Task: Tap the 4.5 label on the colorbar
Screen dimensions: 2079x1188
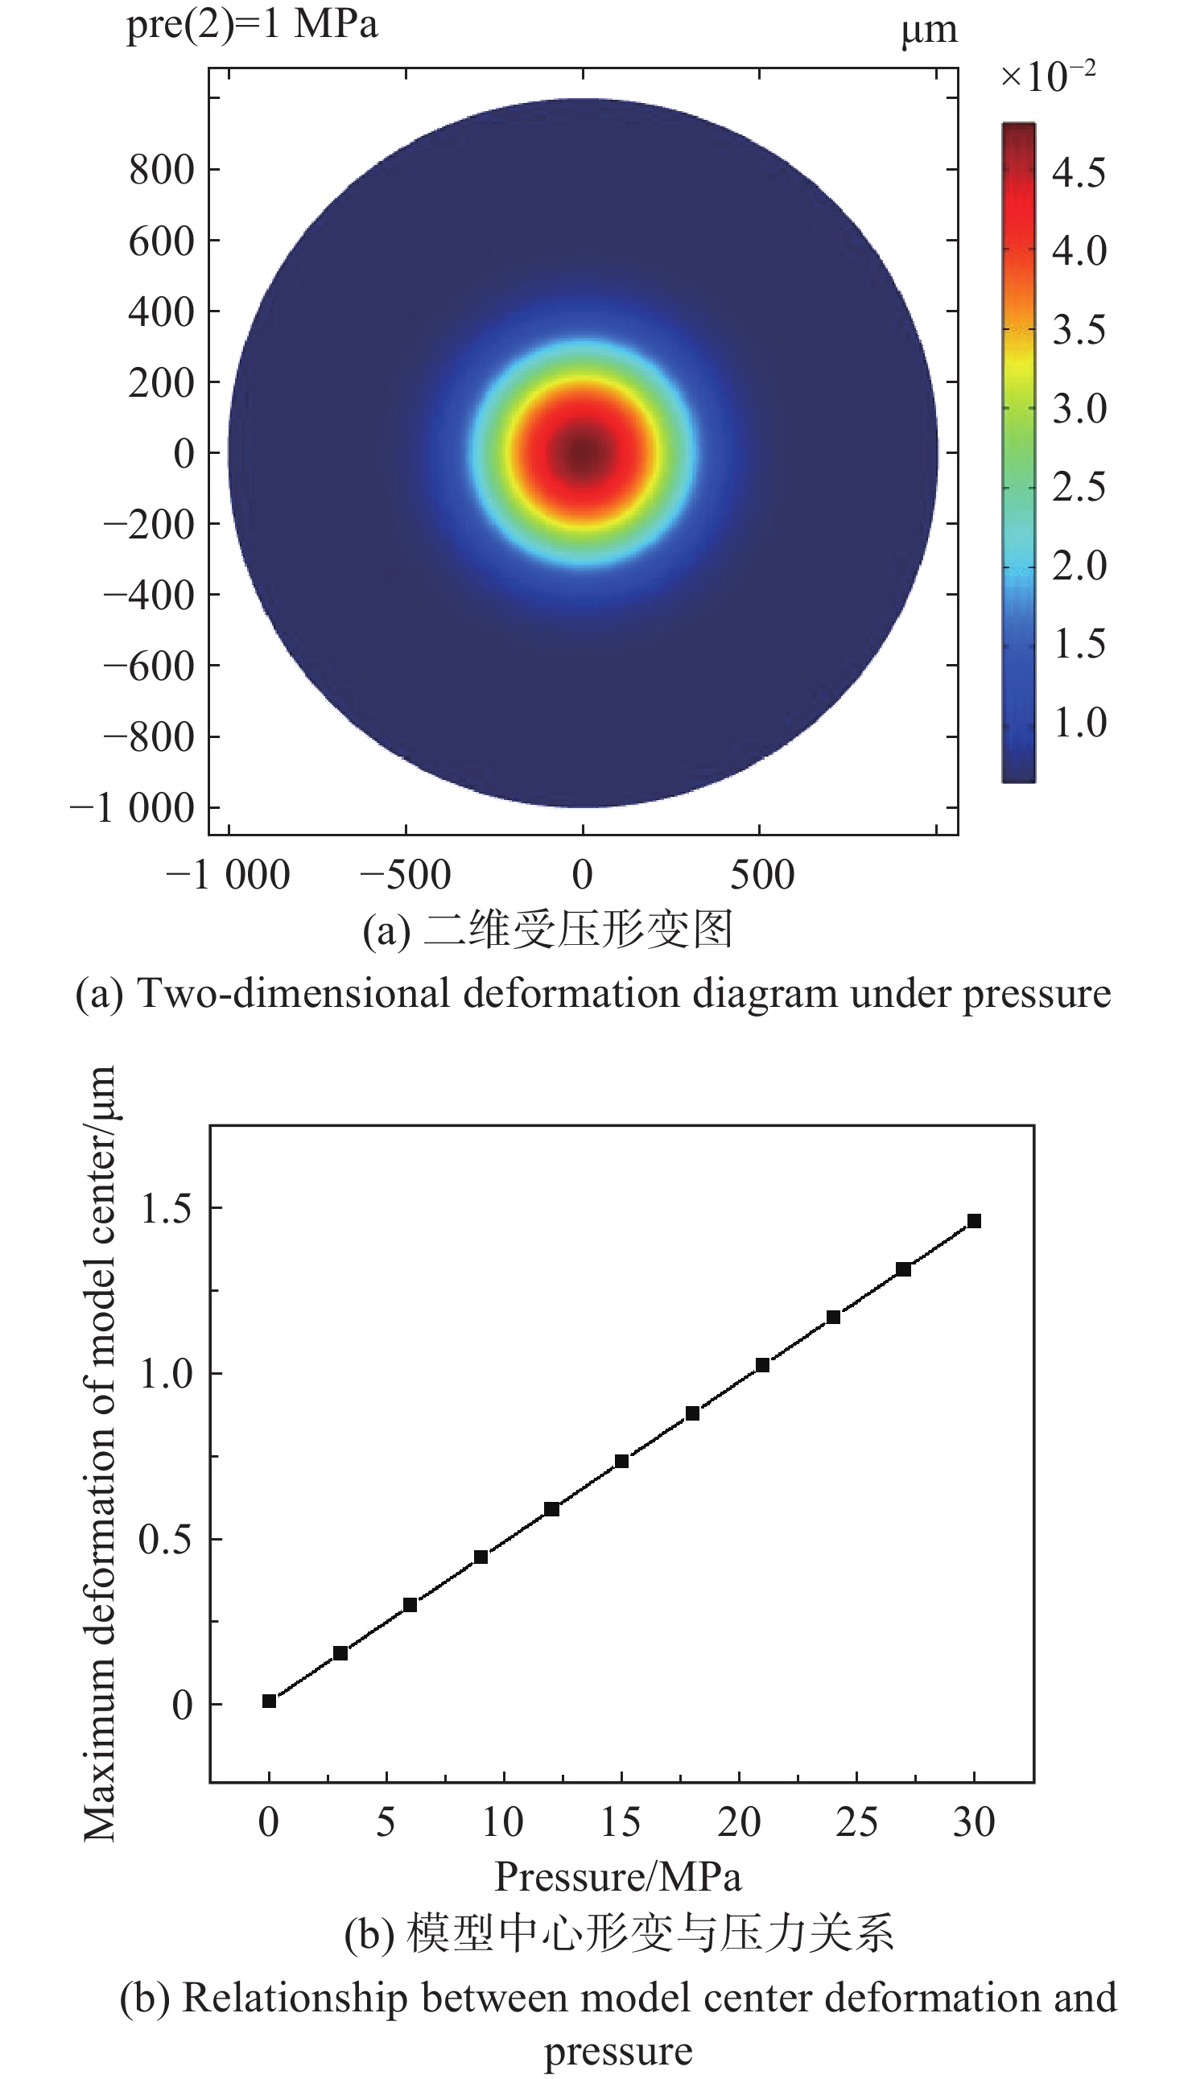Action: [1079, 173]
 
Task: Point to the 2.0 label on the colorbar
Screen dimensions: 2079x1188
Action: [1079, 566]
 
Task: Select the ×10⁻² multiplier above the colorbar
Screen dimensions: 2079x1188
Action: [1048, 76]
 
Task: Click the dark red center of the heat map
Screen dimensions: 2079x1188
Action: [582, 453]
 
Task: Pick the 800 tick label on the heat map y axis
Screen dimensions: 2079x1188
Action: [162, 170]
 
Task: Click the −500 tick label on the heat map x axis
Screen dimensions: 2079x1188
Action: [406, 876]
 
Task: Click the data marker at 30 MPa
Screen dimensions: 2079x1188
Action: [973, 1221]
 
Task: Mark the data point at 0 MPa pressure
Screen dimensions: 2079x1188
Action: [270, 1701]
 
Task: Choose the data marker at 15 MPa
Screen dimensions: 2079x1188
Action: [621, 1461]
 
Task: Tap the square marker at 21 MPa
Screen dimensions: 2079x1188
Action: [763, 1365]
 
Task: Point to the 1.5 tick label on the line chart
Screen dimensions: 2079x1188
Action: [166, 1208]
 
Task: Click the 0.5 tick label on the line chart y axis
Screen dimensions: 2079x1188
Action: [166, 1539]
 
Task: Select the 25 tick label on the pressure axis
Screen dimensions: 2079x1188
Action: [856, 1822]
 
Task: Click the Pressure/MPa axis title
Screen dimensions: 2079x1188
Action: [617, 1877]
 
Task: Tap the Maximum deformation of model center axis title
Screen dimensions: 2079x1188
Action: [100, 1452]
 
